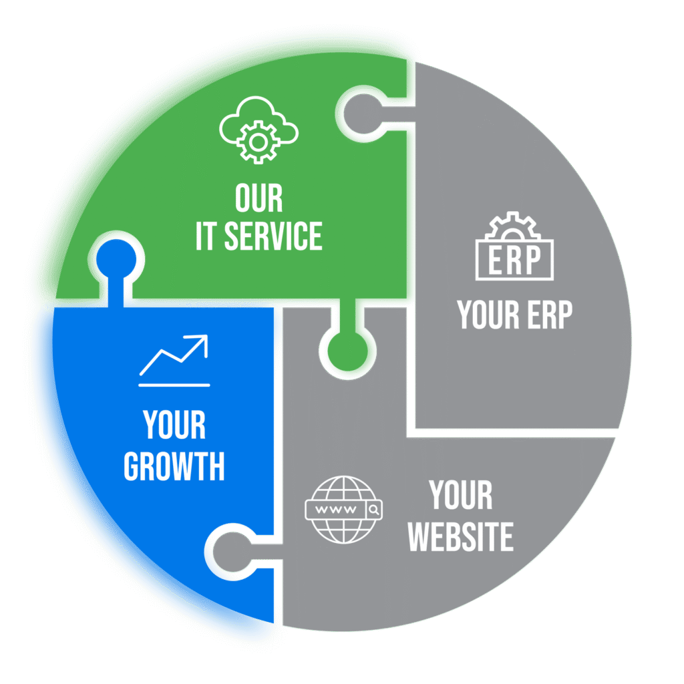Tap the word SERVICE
point(273,236)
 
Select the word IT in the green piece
point(206,236)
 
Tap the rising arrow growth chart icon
point(174,361)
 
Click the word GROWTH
point(174,466)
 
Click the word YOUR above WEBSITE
point(461,496)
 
